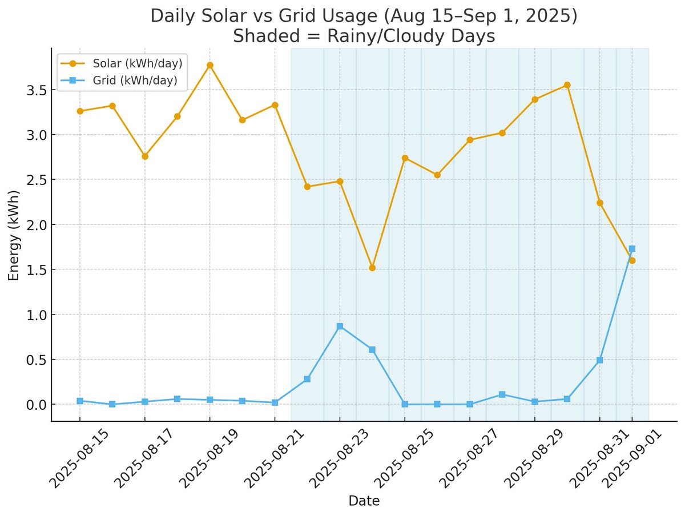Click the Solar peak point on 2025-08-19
pyautogui.click(x=209, y=65)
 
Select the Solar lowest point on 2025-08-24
pyautogui.click(x=372, y=268)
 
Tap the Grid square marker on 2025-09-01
pyautogui.click(x=632, y=249)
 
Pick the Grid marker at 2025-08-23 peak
pyautogui.click(x=340, y=326)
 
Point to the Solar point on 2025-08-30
pyautogui.click(x=567, y=85)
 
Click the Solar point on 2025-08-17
pyautogui.click(x=145, y=156)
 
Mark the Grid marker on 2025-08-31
pyautogui.click(x=599, y=360)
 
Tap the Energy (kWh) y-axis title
pyautogui.click(x=14, y=235)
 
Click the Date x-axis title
pyautogui.click(x=364, y=501)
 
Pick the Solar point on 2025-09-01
pyautogui.click(x=632, y=260)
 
